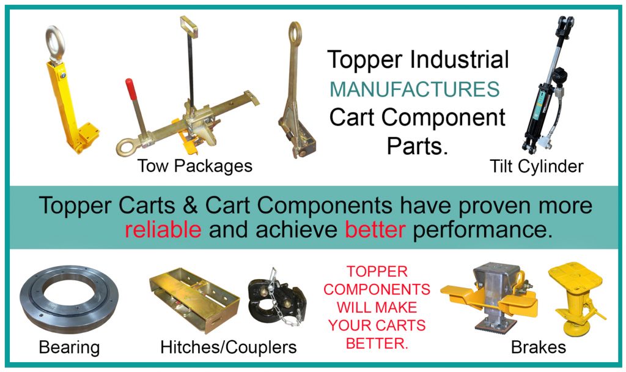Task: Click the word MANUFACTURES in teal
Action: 414,89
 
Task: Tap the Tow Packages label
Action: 194,166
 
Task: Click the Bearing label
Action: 69,348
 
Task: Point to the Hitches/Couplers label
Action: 228,348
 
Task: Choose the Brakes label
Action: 539,348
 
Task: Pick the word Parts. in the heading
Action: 418,146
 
